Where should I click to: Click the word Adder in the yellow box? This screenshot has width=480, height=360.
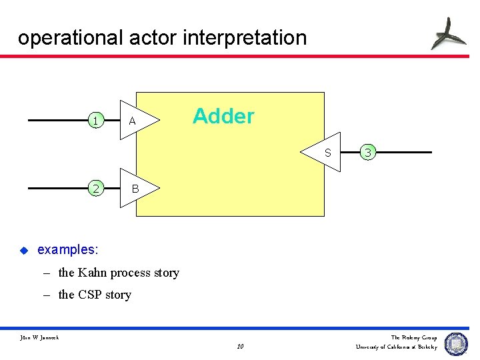[x=223, y=117]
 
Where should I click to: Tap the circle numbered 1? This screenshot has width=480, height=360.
[x=96, y=121]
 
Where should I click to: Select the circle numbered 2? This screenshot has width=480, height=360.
[x=96, y=189]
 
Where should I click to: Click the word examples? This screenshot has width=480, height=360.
[x=67, y=250]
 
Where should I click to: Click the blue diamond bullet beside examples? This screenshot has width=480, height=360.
[x=23, y=251]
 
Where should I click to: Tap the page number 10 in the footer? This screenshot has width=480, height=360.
[x=240, y=347]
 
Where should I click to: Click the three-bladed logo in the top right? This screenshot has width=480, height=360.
[x=448, y=33]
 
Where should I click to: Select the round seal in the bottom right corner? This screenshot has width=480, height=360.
[x=457, y=343]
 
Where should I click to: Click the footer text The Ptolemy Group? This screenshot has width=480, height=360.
[x=413, y=337]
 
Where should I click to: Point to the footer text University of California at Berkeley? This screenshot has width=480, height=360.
[x=396, y=347]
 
